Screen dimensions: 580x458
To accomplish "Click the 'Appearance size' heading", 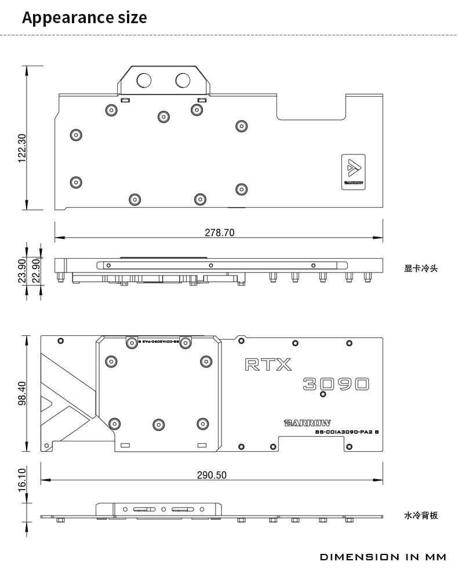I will click(x=84, y=18).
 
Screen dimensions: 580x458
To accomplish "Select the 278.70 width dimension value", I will click(x=220, y=233).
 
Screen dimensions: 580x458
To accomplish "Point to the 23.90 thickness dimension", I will click(x=22, y=271).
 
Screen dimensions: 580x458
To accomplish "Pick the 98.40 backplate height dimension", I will click(x=22, y=393).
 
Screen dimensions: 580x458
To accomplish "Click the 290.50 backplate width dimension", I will click(x=212, y=475).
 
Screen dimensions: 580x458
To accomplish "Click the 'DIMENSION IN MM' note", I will click(x=383, y=557).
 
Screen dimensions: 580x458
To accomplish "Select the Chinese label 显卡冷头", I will click(x=421, y=269).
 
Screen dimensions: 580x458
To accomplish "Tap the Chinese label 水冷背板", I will click(x=421, y=515).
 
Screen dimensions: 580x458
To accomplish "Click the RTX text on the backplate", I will click(x=268, y=364).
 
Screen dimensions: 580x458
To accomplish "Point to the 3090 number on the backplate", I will click(x=336, y=384).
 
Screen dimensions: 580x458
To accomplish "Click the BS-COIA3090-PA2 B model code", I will click(x=347, y=432).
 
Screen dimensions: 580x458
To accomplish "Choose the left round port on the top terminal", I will click(x=143, y=79).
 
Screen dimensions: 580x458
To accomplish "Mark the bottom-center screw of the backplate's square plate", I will click(x=159, y=423).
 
